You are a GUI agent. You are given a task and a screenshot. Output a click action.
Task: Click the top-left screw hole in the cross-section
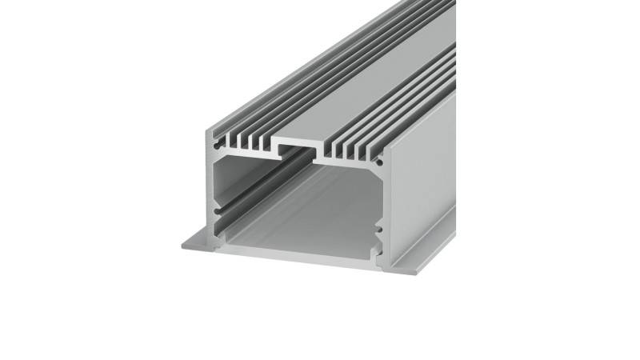(214, 146)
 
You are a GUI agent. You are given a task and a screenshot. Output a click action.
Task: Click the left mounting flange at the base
(197, 242)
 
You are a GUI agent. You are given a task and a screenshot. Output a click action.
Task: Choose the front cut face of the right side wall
(382, 200)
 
